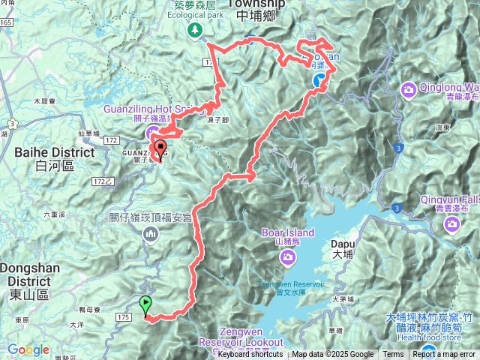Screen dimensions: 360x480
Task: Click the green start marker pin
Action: coord(145,304)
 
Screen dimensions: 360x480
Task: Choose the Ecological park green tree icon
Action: coord(196,30)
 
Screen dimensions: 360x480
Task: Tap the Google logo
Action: coord(28,349)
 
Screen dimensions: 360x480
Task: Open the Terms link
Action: coord(393,355)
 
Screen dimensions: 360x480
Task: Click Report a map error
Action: coord(445,355)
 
